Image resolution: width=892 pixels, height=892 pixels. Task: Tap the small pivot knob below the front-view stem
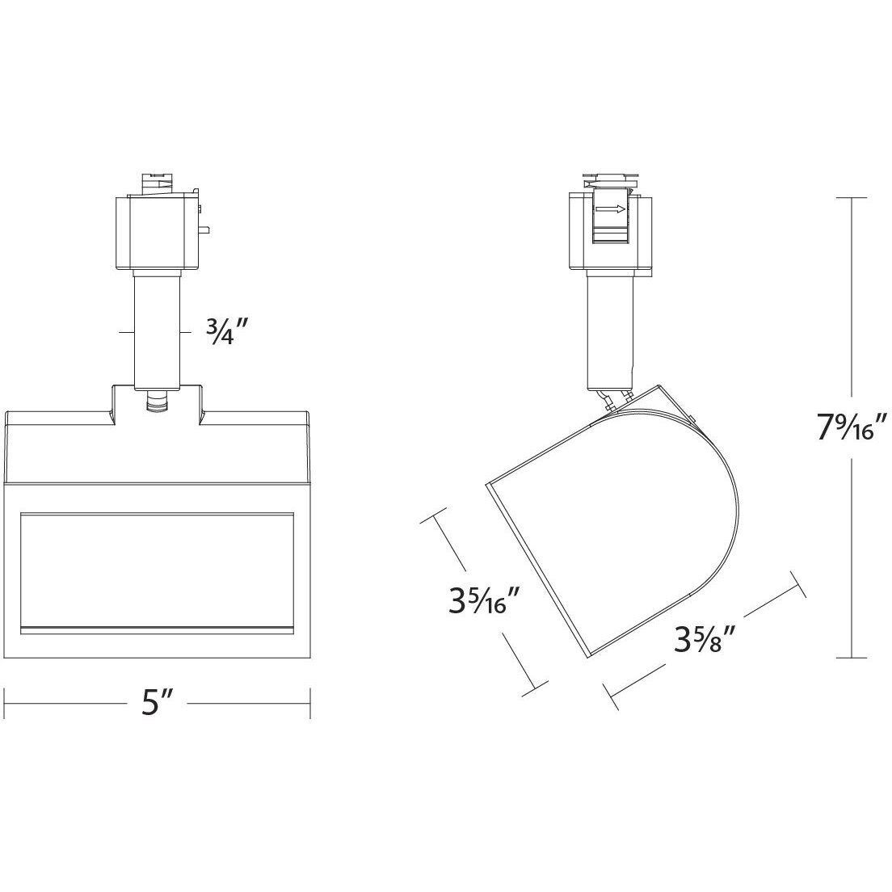click(157, 402)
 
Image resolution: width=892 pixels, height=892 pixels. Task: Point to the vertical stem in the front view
click(157, 331)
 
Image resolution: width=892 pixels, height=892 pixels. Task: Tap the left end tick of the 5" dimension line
click(7, 703)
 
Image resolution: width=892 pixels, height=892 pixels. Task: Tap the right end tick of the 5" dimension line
click(311, 703)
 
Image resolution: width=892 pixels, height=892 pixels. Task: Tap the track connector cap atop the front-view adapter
click(159, 182)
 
